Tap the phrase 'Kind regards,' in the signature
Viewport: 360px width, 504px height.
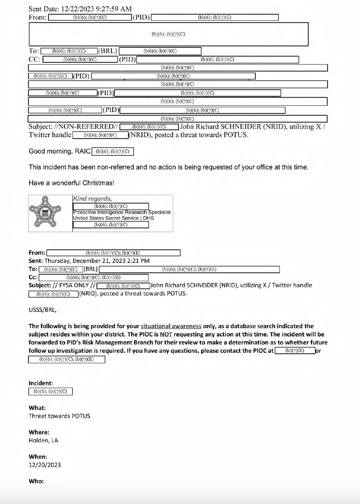coord(93,199)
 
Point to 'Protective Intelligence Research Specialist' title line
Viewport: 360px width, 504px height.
coord(121,212)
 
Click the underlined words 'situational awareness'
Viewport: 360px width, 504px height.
coord(171,326)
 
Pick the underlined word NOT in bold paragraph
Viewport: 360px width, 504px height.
coord(166,334)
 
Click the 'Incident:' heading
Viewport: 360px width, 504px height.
coord(41,383)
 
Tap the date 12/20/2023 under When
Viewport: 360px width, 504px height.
coord(45,465)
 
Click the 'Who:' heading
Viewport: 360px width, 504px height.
coord(36,481)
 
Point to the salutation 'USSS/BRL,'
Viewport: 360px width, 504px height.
coord(43,310)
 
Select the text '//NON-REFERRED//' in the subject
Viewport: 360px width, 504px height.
coord(86,127)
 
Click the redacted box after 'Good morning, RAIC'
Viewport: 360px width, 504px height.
coord(113,151)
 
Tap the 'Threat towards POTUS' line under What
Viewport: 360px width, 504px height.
coord(59,416)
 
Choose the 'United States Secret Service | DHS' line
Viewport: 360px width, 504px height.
coord(113,218)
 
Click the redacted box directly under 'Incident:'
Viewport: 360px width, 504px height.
coord(50,392)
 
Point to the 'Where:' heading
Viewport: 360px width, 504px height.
coord(39,432)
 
